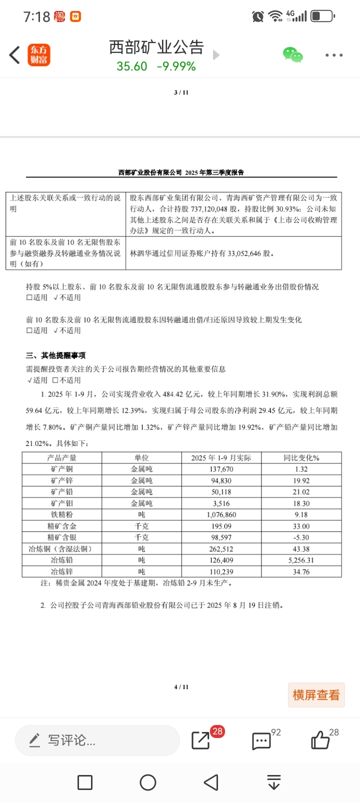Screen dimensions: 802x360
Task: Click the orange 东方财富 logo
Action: click(38, 55)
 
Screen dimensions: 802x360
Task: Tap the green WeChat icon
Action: click(292, 54)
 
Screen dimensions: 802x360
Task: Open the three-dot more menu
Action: click(333, 55)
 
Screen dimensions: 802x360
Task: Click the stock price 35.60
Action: click(132, 66)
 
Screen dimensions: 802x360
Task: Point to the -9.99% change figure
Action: click(176, 66)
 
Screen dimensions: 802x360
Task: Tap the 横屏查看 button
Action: click(316, 694)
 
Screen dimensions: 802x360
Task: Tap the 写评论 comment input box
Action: click(97, 740)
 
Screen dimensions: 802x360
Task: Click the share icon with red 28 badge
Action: click(201, 740)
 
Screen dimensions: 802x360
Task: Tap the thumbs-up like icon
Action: click(320, 740)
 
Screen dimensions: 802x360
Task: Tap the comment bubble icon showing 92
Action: click(261, 741)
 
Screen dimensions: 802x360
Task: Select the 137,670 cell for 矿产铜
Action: click(221, 469)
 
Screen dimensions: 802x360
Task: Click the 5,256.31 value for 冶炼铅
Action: click(301, 560)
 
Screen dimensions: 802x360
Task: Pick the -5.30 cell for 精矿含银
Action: click(301, 537)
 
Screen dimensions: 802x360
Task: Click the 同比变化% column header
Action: click(301, 457)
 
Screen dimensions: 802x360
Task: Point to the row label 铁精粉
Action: click(62, 514)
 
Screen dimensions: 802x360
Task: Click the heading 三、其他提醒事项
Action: click(56, 355)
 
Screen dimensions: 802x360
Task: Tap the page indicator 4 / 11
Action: click(181, 687)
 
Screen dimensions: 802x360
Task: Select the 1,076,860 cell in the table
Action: click(221, 514)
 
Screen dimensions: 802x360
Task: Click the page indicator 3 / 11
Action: click(181, 92)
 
